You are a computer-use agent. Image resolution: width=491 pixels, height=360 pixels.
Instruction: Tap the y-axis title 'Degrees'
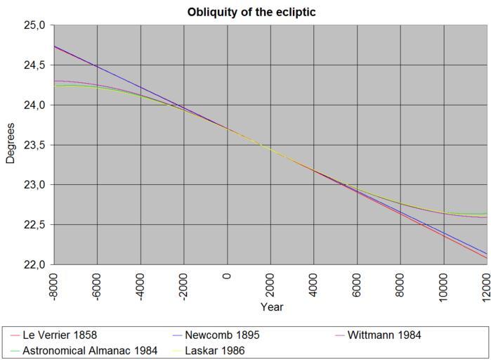click(11, 143)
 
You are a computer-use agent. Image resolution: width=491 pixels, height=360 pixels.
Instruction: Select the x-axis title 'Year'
click(271, 307)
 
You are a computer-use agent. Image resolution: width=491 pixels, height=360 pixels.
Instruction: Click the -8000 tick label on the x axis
click(54, 285)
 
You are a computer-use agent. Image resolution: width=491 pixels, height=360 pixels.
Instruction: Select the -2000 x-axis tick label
click(184, 285)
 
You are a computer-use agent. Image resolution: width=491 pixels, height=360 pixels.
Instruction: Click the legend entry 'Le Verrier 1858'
click(60, 335)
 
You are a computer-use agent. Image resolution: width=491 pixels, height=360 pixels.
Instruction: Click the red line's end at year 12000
click(487, 257)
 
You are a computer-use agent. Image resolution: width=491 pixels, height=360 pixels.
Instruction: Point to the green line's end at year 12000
click(487, 213)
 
